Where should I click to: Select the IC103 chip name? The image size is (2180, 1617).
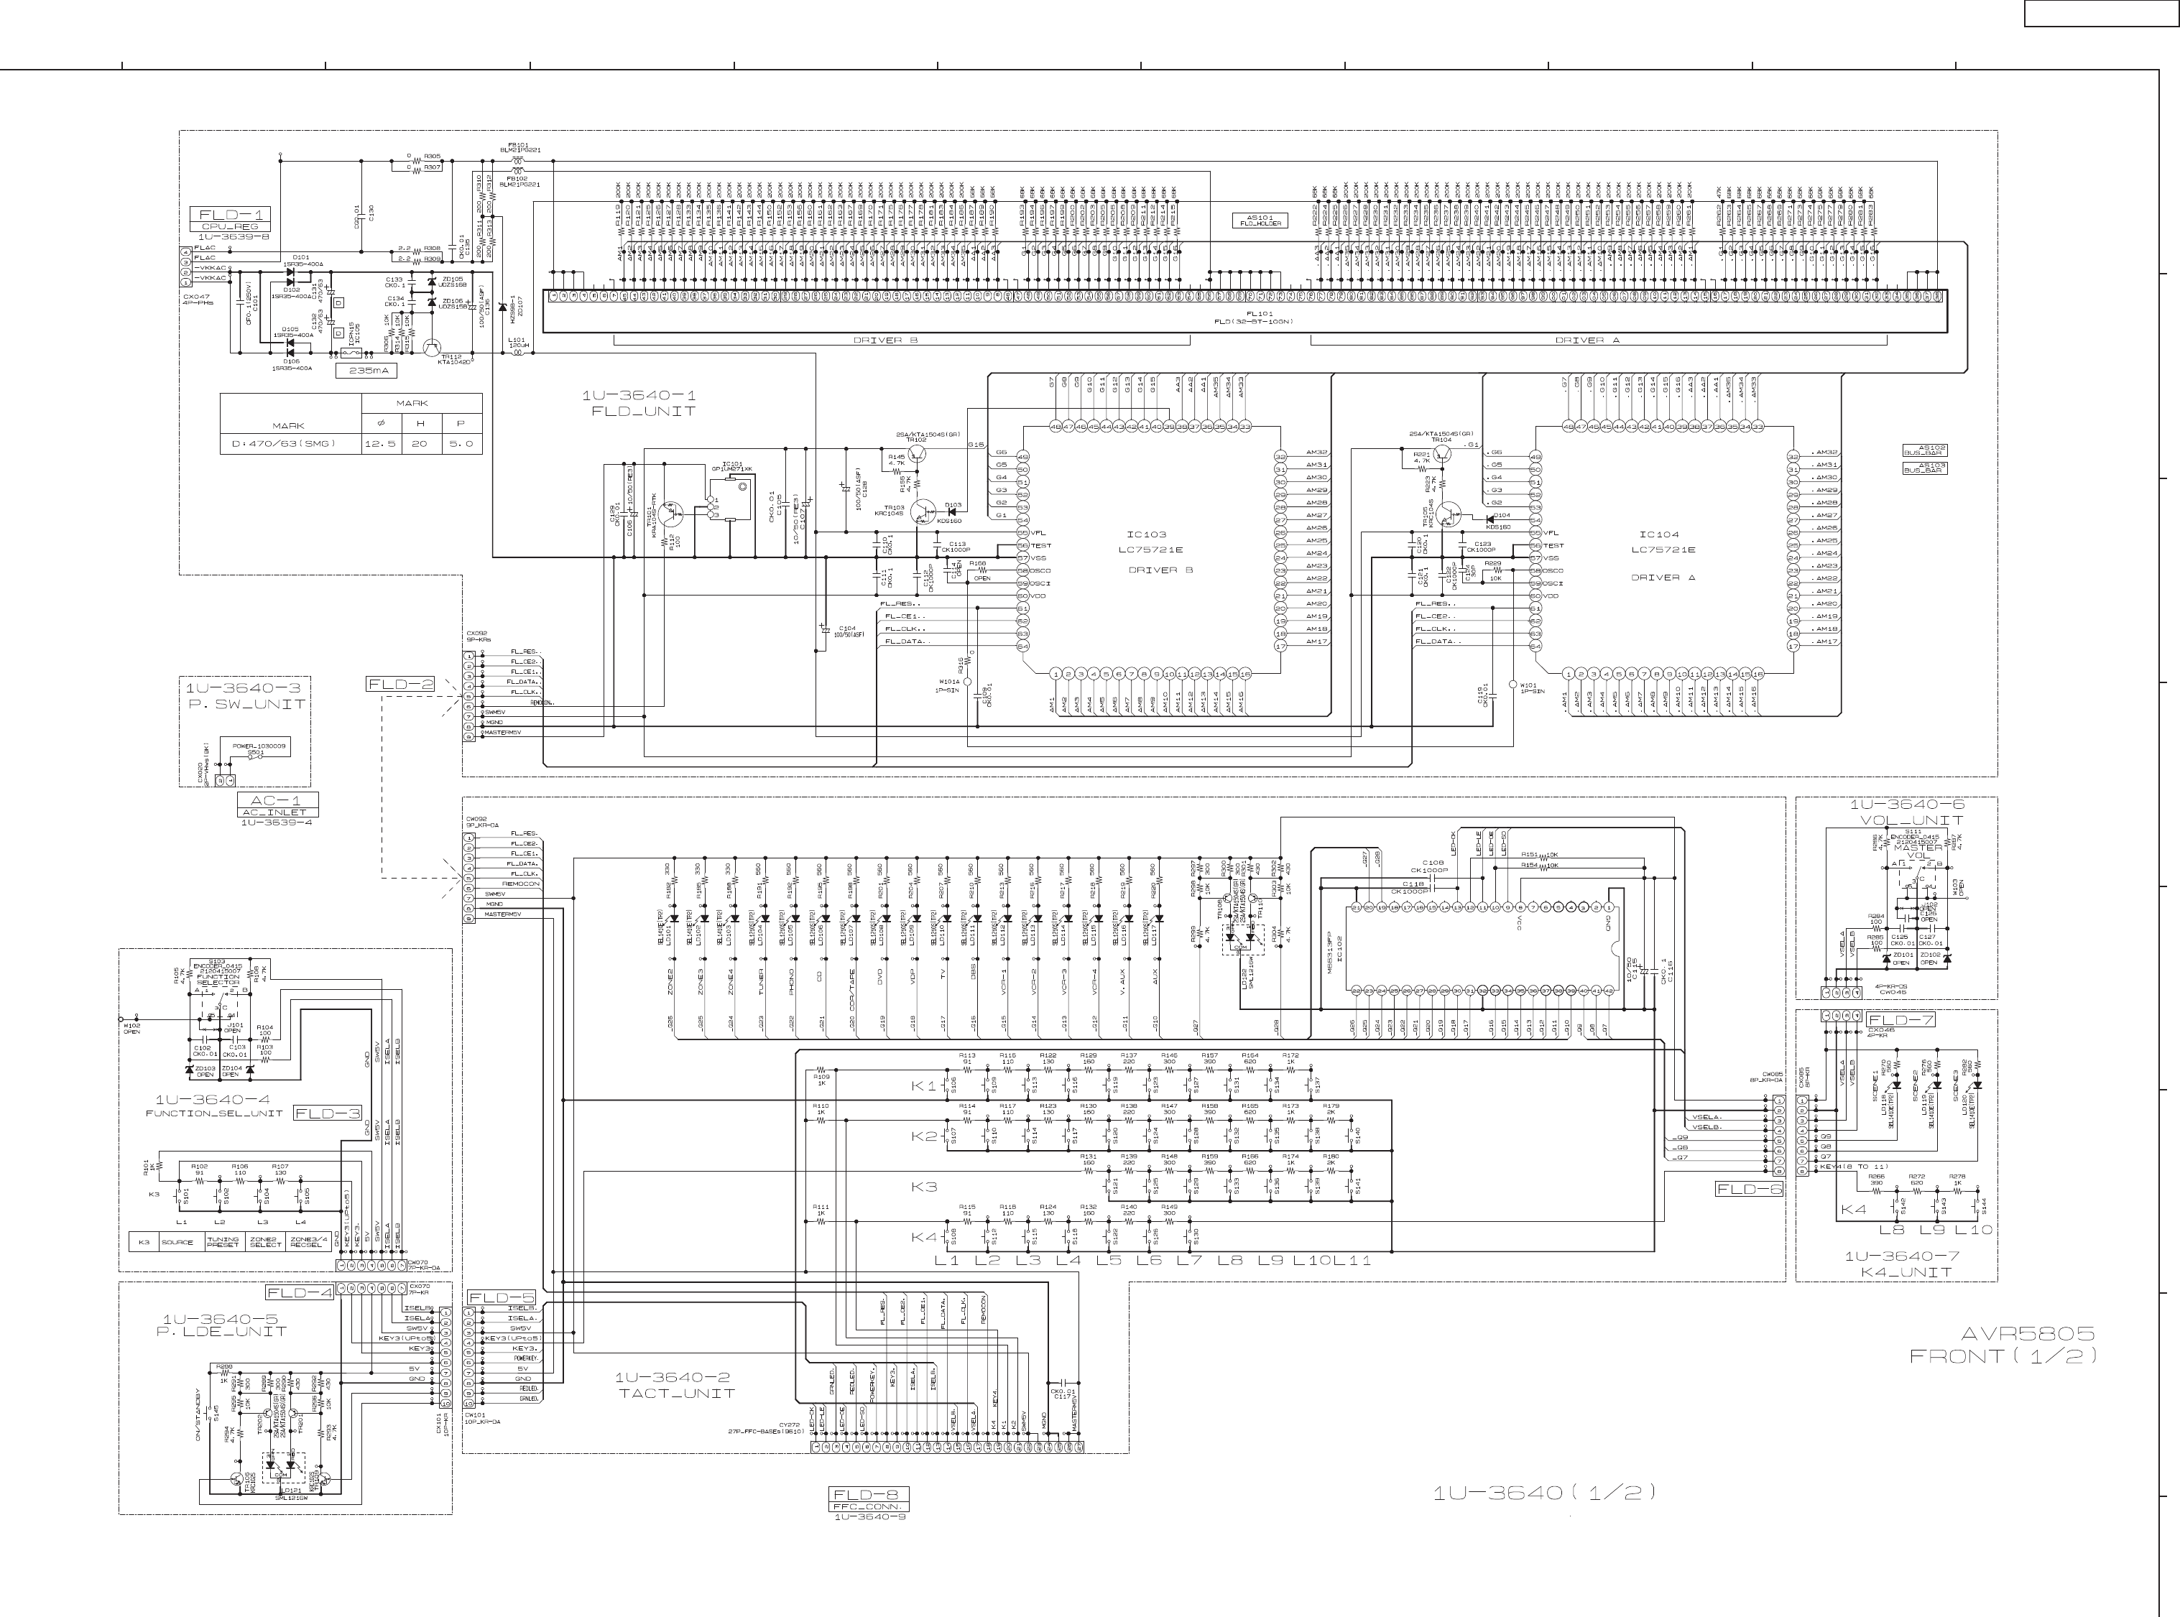pos(1146,534)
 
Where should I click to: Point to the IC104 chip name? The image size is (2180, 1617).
pos(1659,534)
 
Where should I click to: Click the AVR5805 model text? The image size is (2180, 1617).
pos(2027,1334)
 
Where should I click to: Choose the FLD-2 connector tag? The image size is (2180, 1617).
pos(399,684)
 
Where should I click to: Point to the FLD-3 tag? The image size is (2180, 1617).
pos(327,1113)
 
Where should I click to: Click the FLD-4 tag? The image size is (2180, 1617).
pos(299,1291)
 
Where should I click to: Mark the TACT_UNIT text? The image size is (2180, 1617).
pos(676,1393)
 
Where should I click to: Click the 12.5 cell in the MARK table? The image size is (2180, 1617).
pos(379,443)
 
